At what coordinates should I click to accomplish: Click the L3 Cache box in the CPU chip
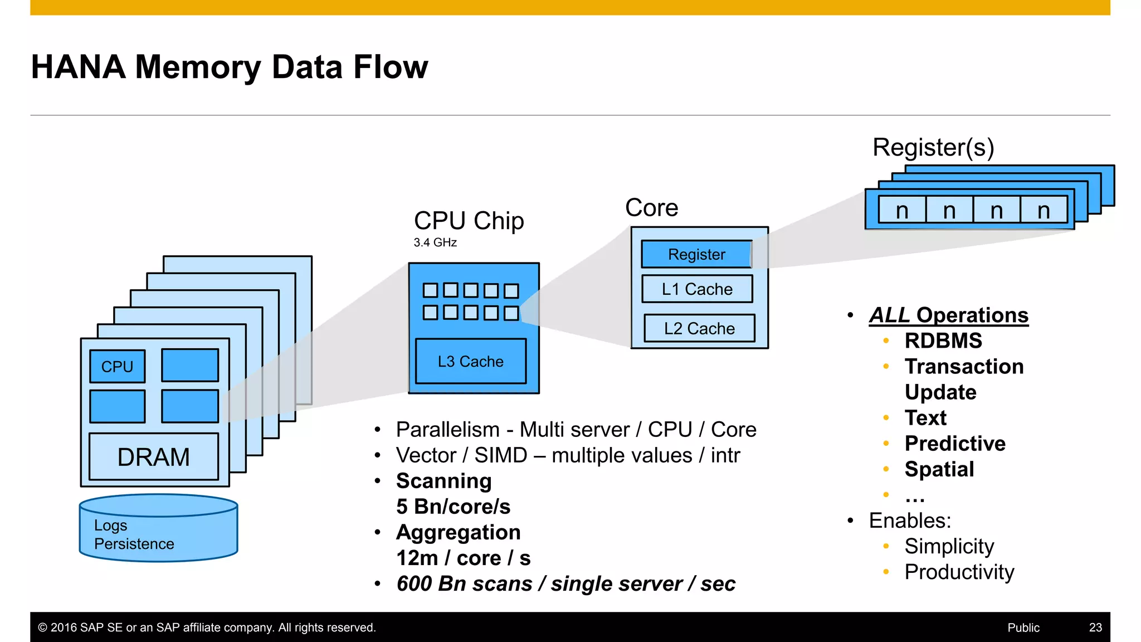coord(471,361)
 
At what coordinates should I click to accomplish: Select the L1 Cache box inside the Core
coord(697,289)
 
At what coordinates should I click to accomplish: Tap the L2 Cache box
coord(699,328)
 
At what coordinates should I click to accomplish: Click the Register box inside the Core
coord(696,254)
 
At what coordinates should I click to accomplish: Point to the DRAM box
coord(154,457)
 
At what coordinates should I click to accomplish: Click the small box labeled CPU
coord(117,366)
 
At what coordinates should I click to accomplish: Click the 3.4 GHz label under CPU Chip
coord(435,242)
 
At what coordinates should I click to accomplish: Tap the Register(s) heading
coord(933,147)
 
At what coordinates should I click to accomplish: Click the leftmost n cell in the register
coord(902,211)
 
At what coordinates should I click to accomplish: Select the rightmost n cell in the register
coord(1044,211)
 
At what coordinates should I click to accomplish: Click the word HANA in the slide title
coord(79,67)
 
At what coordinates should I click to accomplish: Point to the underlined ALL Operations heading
coord(948,315)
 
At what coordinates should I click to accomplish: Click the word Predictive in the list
coord(955,444)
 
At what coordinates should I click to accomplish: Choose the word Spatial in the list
coord(939,469)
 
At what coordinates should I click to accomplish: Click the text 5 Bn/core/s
coord(453,507)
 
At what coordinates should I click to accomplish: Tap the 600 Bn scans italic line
coord(565,583)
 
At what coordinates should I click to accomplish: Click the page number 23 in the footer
coord(1095,628)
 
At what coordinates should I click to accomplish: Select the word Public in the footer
coord(1023,628)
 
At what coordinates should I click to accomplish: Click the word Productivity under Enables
coord(959,572)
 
